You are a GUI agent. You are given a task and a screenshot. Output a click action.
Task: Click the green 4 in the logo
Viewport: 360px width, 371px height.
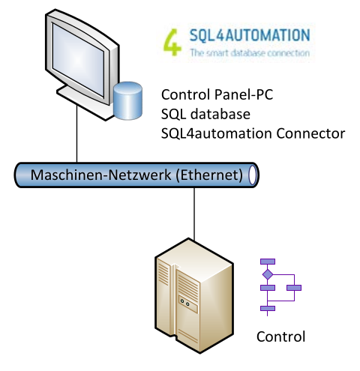(x=172, y=42)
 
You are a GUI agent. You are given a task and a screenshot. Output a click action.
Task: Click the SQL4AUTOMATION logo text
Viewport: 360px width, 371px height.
(x=250, y=35)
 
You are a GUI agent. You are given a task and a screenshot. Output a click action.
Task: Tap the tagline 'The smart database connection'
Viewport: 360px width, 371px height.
(x=250, y=53)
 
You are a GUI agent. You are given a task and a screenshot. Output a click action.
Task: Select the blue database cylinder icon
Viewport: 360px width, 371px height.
(x=127, y=100)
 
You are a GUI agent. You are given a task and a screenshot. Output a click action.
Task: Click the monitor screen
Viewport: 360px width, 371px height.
(x=78, y=60)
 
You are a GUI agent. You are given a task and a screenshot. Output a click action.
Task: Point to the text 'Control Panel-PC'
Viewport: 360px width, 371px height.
(x=217, y=94)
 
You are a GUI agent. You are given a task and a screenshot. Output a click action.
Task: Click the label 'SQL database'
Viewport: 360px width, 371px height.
(x=205, y=114)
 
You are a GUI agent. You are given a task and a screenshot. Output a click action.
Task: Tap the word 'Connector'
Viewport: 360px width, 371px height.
(x=310, y=133)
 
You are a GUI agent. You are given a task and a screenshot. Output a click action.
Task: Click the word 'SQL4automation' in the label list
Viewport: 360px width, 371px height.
(x=217, y=133)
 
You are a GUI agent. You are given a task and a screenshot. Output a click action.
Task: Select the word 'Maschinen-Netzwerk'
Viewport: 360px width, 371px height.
(x=100, y=175)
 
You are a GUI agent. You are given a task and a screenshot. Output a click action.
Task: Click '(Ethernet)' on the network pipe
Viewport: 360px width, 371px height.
(x=209, y=175)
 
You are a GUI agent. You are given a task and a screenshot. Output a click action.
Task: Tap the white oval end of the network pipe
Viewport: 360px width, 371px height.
(x=253, y=175)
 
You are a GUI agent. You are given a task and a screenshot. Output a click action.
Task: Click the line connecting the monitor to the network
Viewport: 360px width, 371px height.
(x=76, y=134)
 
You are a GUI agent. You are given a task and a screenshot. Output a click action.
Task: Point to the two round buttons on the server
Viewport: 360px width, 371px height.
(x=184, y=303)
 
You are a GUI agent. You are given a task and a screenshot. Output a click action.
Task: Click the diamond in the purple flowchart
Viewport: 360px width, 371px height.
(x=268, y=274)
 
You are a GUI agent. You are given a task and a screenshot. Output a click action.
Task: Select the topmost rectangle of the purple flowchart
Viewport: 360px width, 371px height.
(x=268, y=262)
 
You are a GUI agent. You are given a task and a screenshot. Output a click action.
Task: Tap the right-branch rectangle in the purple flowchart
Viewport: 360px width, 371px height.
(x=294, y=288)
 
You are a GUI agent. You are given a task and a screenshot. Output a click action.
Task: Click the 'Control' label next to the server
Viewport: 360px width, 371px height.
(x=280, y=337)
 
